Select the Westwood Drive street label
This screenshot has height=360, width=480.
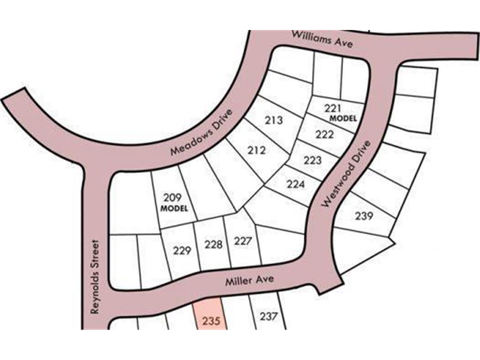(x=347, y=174)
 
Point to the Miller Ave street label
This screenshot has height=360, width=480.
(x=249, y=282)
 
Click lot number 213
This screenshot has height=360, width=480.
(x=274, y=120)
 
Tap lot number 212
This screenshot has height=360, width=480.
(x=256, y=150)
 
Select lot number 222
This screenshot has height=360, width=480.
(x=324, y=135)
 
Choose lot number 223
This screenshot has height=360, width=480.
(x=313, y=160)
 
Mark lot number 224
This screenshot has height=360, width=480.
(x=295, y=184)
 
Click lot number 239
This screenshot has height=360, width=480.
(x=364, y=216)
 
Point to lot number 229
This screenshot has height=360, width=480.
(x=182, y=250)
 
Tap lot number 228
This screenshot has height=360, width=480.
(x=213, y=244)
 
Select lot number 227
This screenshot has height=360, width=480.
(x=243, y=241)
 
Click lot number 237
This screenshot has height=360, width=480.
(x=269, y=316)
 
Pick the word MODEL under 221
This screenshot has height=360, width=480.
(x=343, y=119)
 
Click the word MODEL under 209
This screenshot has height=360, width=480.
(x=174, y=208)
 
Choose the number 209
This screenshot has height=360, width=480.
(x=172, y=197)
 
